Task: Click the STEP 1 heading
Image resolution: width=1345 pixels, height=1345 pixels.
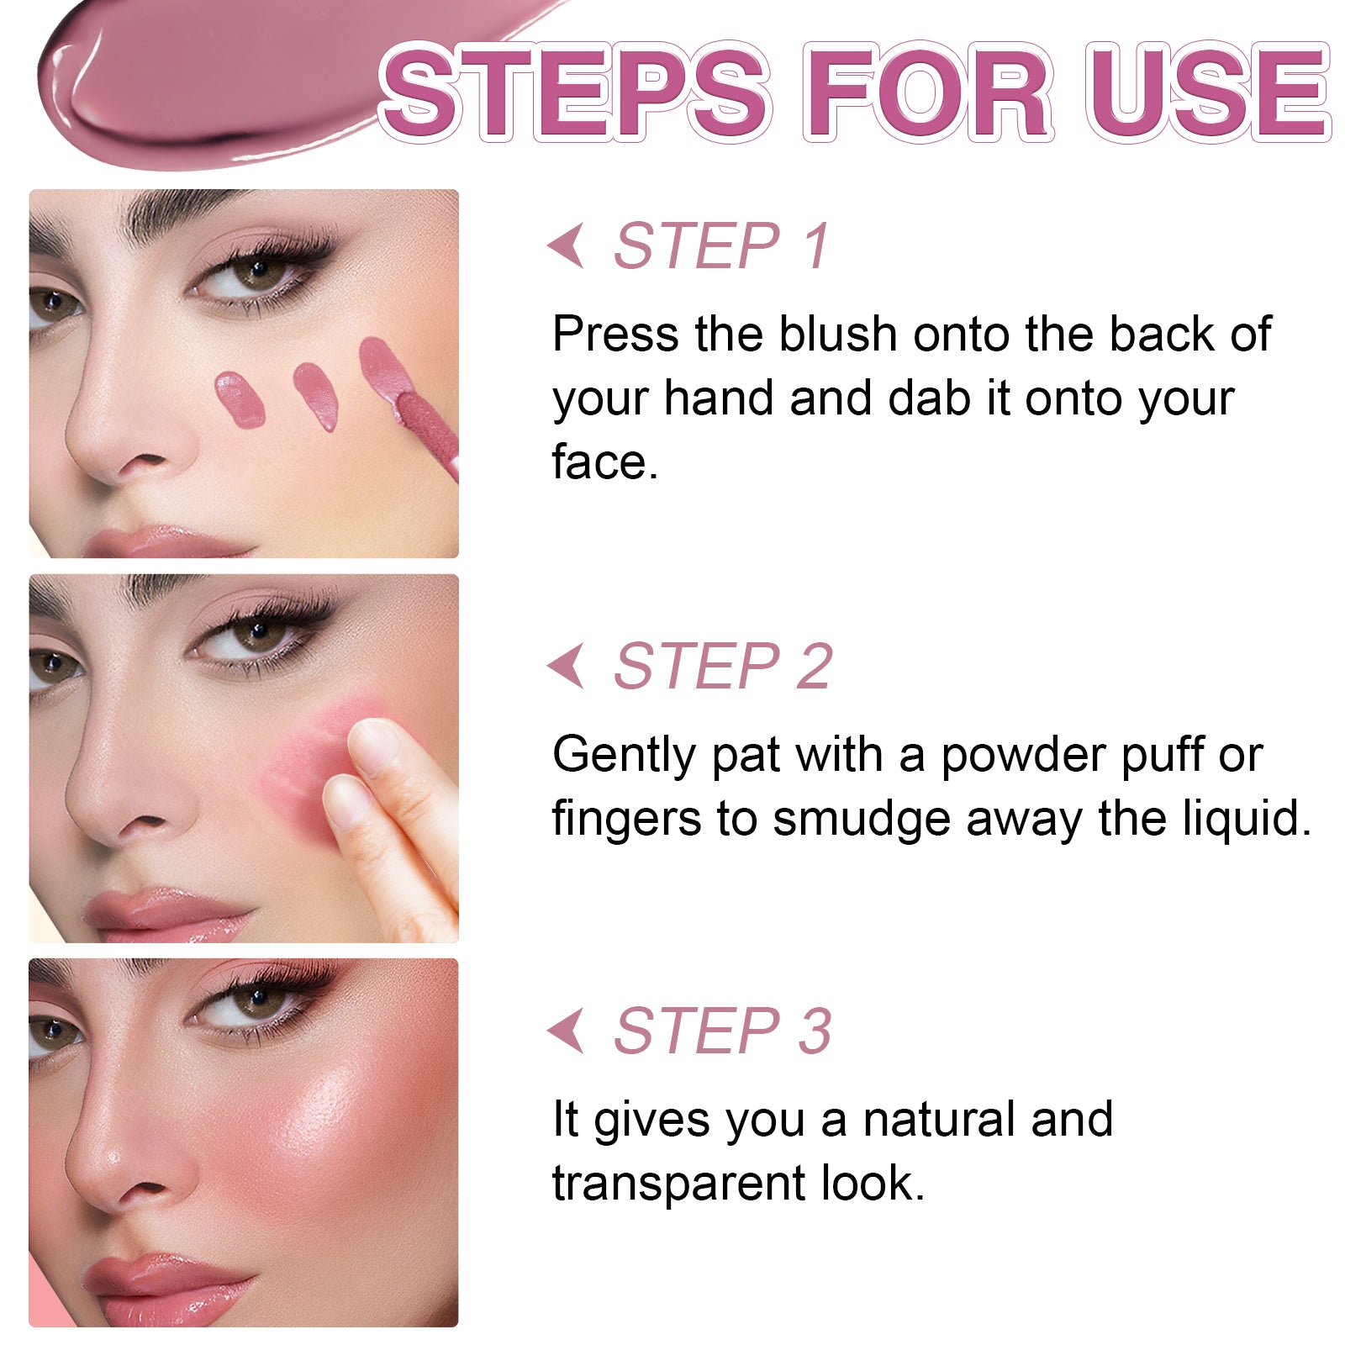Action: click(x=722, y=246)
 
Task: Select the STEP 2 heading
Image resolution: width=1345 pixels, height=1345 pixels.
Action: click(x=723, y=666)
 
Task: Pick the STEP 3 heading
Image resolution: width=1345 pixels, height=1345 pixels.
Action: click(x=723, y=1031)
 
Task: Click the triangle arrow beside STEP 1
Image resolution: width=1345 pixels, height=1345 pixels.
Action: click(x=566, y=245)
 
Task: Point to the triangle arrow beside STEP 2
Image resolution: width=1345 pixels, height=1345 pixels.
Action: click(x=566, y=666)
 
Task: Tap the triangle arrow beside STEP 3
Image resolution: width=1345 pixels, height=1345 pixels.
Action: click(x=566, y=1031)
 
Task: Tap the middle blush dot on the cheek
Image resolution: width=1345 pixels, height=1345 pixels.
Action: click(x=316, y=396)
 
